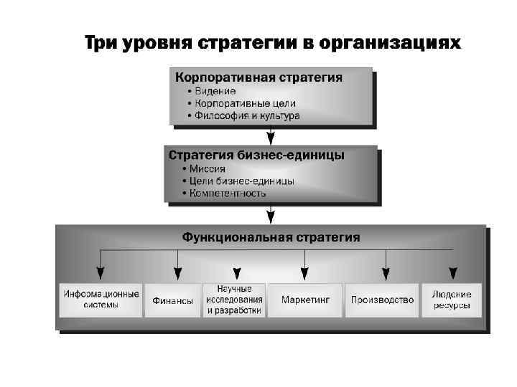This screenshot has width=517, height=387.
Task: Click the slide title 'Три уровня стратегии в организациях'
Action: [x=272, y=44]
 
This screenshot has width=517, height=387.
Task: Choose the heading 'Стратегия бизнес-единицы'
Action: [x=256, y=155]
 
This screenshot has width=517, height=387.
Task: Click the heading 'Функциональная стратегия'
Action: [x=271, y=236]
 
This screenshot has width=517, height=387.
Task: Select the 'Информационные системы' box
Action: [x=101, y=300]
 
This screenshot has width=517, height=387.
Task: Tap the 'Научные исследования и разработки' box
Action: [x=233, y=300]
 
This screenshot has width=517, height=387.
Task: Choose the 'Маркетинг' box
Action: [x=305, y=300]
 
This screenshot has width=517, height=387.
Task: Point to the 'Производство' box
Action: [x=382, y=300]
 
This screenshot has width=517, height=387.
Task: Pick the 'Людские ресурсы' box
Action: [x=452, y=300]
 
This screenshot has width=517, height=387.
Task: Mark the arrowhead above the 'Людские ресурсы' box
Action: [x=453, y=273]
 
